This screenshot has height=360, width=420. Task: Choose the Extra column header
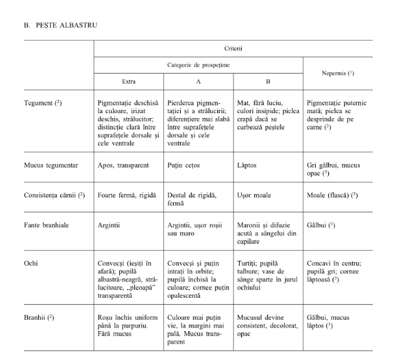pos(128,82)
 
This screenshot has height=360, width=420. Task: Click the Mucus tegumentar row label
pos(51,165)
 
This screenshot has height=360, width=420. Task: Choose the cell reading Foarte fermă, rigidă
pos(130,195)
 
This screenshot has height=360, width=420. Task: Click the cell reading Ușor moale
pos(254,195)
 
